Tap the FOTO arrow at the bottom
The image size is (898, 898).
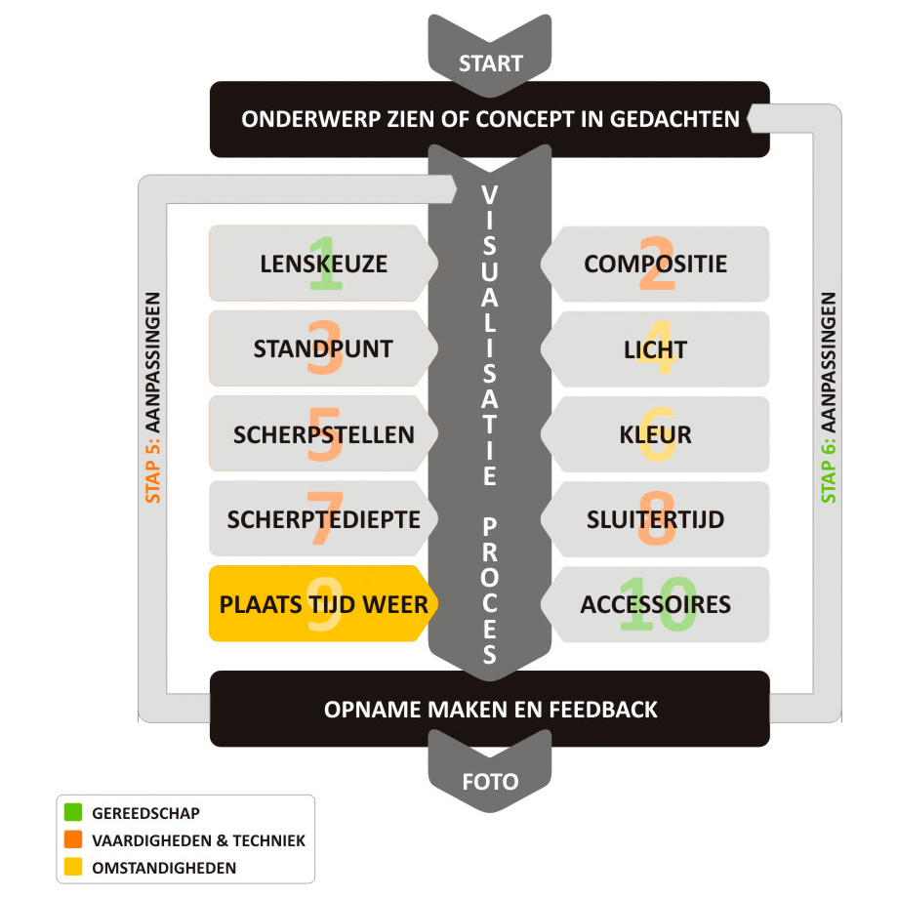tap(490, 773)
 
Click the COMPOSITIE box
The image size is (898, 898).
tap(655, 264)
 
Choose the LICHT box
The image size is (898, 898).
tap(655, 349)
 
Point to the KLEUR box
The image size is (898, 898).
tap(655, 434)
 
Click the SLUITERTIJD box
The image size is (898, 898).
tap(655, 519)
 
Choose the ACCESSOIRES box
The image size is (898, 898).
tap(655, 604)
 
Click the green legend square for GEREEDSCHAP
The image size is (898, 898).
tap(73, 812)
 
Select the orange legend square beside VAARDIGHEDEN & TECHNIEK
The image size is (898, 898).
tap(73, 839)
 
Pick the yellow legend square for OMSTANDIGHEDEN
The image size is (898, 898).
tap(73, 867)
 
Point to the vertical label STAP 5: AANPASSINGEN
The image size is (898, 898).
tap(153, 398)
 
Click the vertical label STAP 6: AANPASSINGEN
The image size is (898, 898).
tap(829, 398)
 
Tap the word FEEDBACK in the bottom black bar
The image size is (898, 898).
tap(603, 710)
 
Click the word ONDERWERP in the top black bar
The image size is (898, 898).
tap(311, 119)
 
